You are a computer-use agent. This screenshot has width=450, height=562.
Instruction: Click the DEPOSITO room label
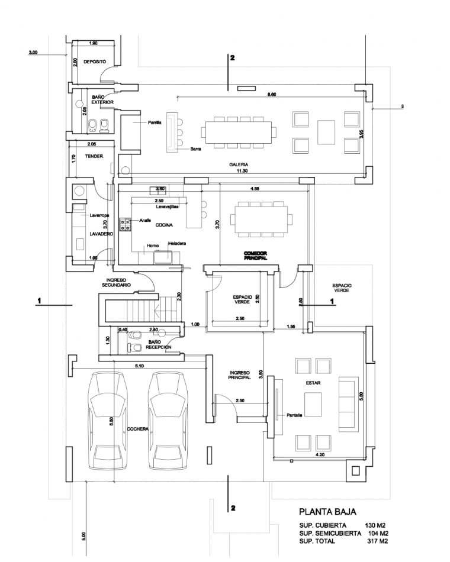[94, 62]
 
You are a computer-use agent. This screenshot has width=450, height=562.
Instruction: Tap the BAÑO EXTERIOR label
[102, 99]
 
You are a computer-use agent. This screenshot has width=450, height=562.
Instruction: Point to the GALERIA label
[239, 164]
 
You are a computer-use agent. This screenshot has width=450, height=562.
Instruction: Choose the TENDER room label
[94, 157]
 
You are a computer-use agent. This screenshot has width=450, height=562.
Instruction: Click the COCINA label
[163, 225]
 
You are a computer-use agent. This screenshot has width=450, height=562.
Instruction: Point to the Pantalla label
[294, 415]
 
